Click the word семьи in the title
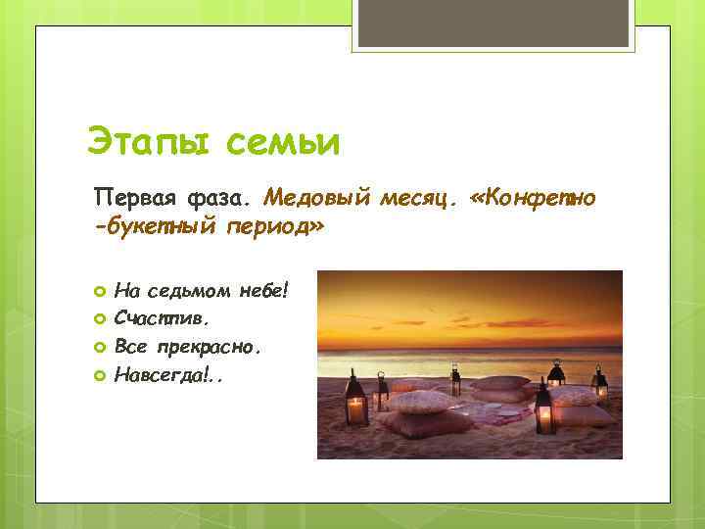click(x=282, y=143)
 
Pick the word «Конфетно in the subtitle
click(x=533, y=200)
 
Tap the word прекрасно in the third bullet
click(x=220, y=346)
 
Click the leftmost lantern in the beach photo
click(x=355, y=400)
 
